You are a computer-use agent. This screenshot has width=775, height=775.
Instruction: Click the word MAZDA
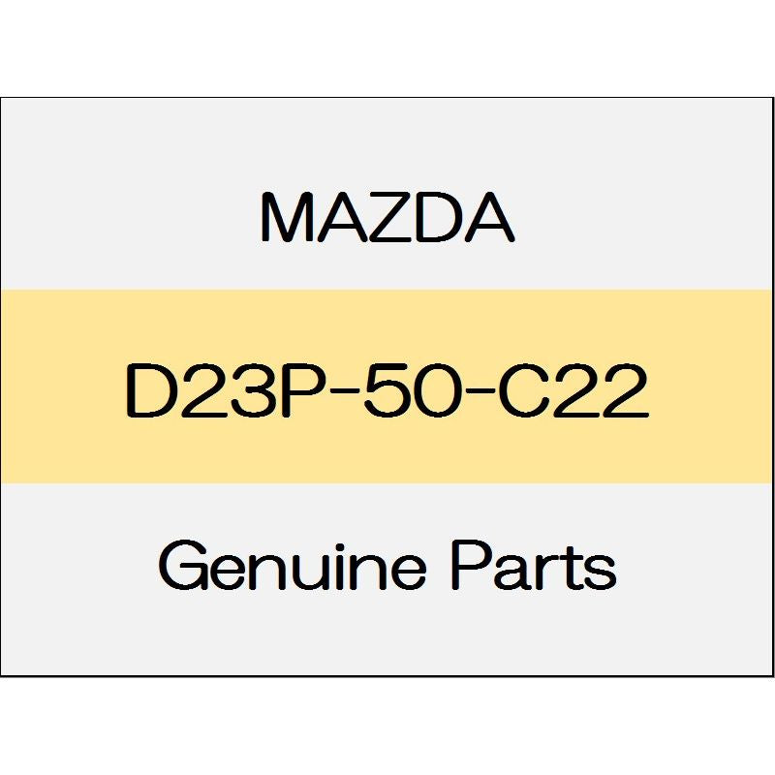[x=387, y=219]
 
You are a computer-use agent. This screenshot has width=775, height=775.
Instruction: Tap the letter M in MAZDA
[x=285, y=219]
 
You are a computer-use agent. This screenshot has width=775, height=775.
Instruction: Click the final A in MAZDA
[x=490, y=219]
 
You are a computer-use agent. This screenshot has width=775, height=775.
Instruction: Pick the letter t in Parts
[x=572, y=570]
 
